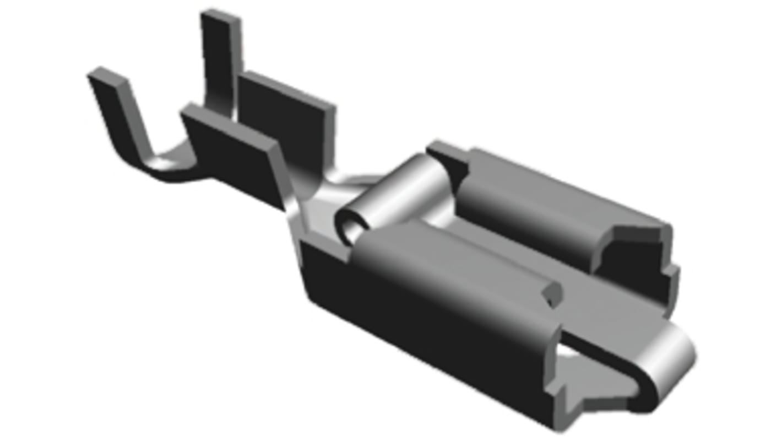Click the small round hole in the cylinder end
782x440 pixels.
tap(348, 223)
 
